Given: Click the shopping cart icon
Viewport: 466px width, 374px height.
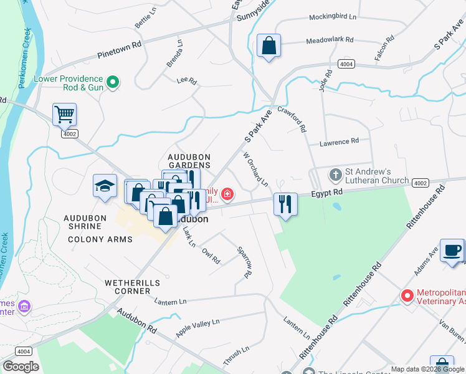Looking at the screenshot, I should (x=64, y=114).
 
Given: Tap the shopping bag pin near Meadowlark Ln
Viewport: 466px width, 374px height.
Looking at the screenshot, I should (x=269, y=46).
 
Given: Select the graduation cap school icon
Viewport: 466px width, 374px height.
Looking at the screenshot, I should (x=105, y=185).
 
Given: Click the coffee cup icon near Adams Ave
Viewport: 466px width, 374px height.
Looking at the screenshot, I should (x=452, y=251).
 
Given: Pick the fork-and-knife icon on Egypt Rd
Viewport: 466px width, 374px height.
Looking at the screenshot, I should (x=285, y=204).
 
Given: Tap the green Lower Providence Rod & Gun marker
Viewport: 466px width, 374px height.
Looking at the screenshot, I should (x=113, y=82).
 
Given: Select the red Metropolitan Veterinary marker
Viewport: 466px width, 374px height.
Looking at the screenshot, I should (x=407, y=295).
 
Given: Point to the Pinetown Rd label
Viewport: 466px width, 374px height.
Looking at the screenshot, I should (x=120, y=50).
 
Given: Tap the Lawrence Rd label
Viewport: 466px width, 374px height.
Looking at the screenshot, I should (x=339, y=142).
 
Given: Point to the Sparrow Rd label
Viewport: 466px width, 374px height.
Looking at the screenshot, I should (x=244, y=262).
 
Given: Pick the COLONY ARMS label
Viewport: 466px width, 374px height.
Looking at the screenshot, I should (x=100, y=239).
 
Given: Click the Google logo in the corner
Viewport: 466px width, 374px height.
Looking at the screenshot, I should (x=21, y=367).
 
